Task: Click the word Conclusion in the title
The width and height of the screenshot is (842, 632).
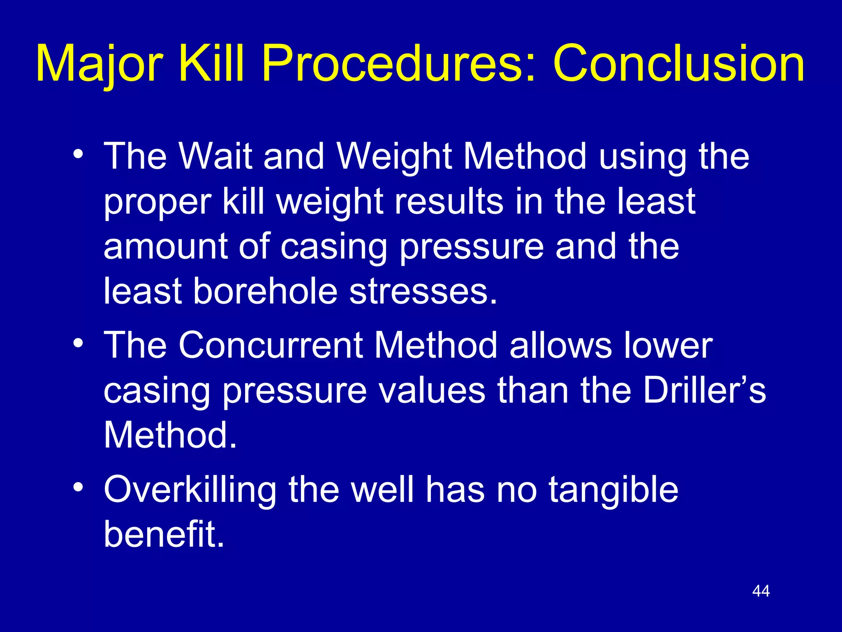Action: [x=678, y=64]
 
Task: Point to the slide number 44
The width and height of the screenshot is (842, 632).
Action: [x=761, y=591]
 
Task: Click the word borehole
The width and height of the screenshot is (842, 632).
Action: [x=265, y=291]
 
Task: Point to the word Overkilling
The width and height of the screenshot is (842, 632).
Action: [x=190, y=490]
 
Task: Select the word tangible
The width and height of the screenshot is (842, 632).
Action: [x=613, y=490]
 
